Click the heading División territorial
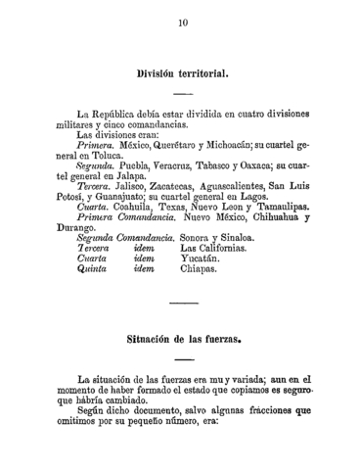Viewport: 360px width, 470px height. click(x=183, y=74)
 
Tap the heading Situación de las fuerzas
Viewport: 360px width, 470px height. click(x=183, y=342)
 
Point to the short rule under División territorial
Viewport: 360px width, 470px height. click(x=183, y=94)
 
